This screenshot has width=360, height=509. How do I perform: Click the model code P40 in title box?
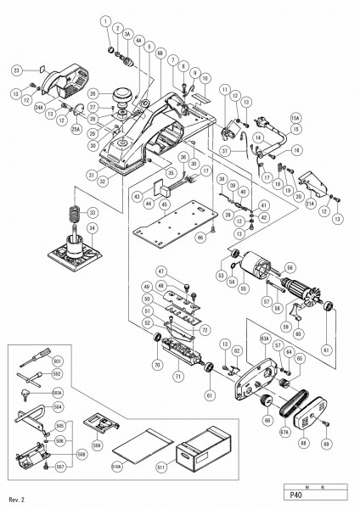coord(297,499)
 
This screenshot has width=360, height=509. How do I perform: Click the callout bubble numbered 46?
coord(201,238)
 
